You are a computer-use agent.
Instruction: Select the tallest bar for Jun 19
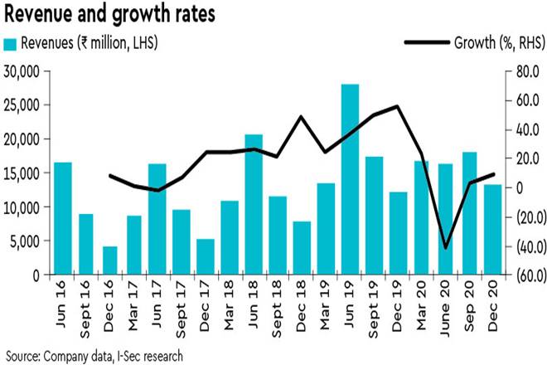click(350, 179)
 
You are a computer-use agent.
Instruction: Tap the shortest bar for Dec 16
click(109, 260)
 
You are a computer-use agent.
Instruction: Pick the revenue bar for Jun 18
click(254, 204)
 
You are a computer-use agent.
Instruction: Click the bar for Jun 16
click(62, 217)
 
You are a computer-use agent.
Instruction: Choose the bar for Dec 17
click(206, 256)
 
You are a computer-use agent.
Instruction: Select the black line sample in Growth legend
click(426, 42)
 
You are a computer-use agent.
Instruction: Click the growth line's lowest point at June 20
click(445, 247)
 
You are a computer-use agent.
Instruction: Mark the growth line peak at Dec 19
click(398, 106)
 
